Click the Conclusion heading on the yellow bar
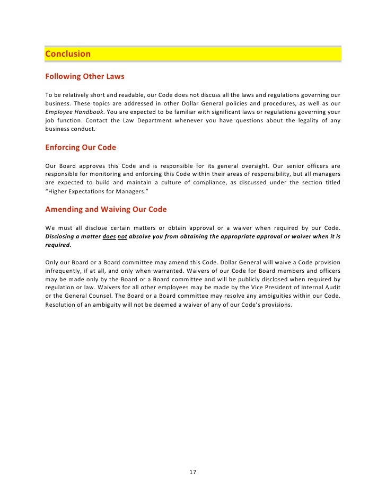click(x=68, y=54)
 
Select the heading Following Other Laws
click(x=85, y=76)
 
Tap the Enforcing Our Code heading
click(x=81, y=147)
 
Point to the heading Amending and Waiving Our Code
click(x=106, y=209)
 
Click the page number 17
click(x=193, y=472)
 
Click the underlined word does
click(x=109, y=237)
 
